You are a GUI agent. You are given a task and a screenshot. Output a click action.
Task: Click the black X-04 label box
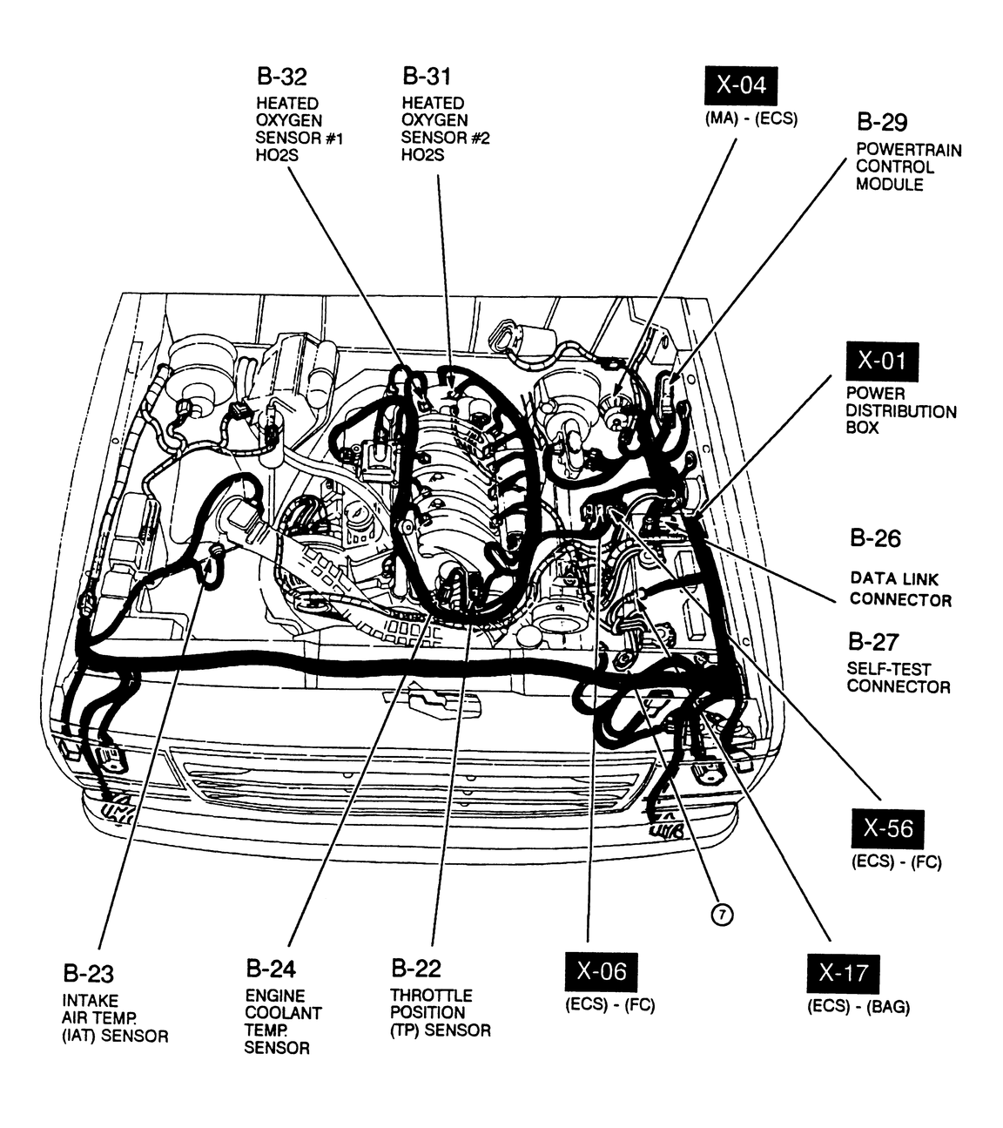[740, 85]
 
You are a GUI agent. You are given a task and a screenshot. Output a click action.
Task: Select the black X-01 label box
[882, 361]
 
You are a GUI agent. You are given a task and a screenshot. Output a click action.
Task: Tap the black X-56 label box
[887, 828]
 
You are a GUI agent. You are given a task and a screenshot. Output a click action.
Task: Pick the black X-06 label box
[601, 971]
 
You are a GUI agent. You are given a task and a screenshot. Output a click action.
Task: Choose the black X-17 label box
[843, 973]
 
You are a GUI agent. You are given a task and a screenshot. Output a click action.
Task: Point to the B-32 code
[281, 76]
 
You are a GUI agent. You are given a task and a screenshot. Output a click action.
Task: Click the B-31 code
[427, 76]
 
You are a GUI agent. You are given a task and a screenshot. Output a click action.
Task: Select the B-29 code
[882, 122]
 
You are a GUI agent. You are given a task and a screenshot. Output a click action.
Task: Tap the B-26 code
[875, 538]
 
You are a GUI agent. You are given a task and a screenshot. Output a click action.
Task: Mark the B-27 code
[872, 642]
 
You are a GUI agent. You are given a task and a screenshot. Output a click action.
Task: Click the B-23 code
[88, 973]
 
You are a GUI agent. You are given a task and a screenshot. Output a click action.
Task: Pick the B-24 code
[271, 969]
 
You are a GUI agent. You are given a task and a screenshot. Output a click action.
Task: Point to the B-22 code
[416, 968]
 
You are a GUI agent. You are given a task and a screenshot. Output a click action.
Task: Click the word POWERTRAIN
[908, 150]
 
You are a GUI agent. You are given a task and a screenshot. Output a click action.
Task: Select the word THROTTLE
[431, 995]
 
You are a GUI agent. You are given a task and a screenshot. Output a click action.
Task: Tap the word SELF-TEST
[888, 669]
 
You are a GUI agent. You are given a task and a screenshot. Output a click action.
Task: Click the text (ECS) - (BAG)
[858, 1007]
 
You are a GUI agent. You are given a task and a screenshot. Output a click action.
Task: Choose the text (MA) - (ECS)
[751, 119]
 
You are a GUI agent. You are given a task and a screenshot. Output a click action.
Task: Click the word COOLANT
[283, 1013]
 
